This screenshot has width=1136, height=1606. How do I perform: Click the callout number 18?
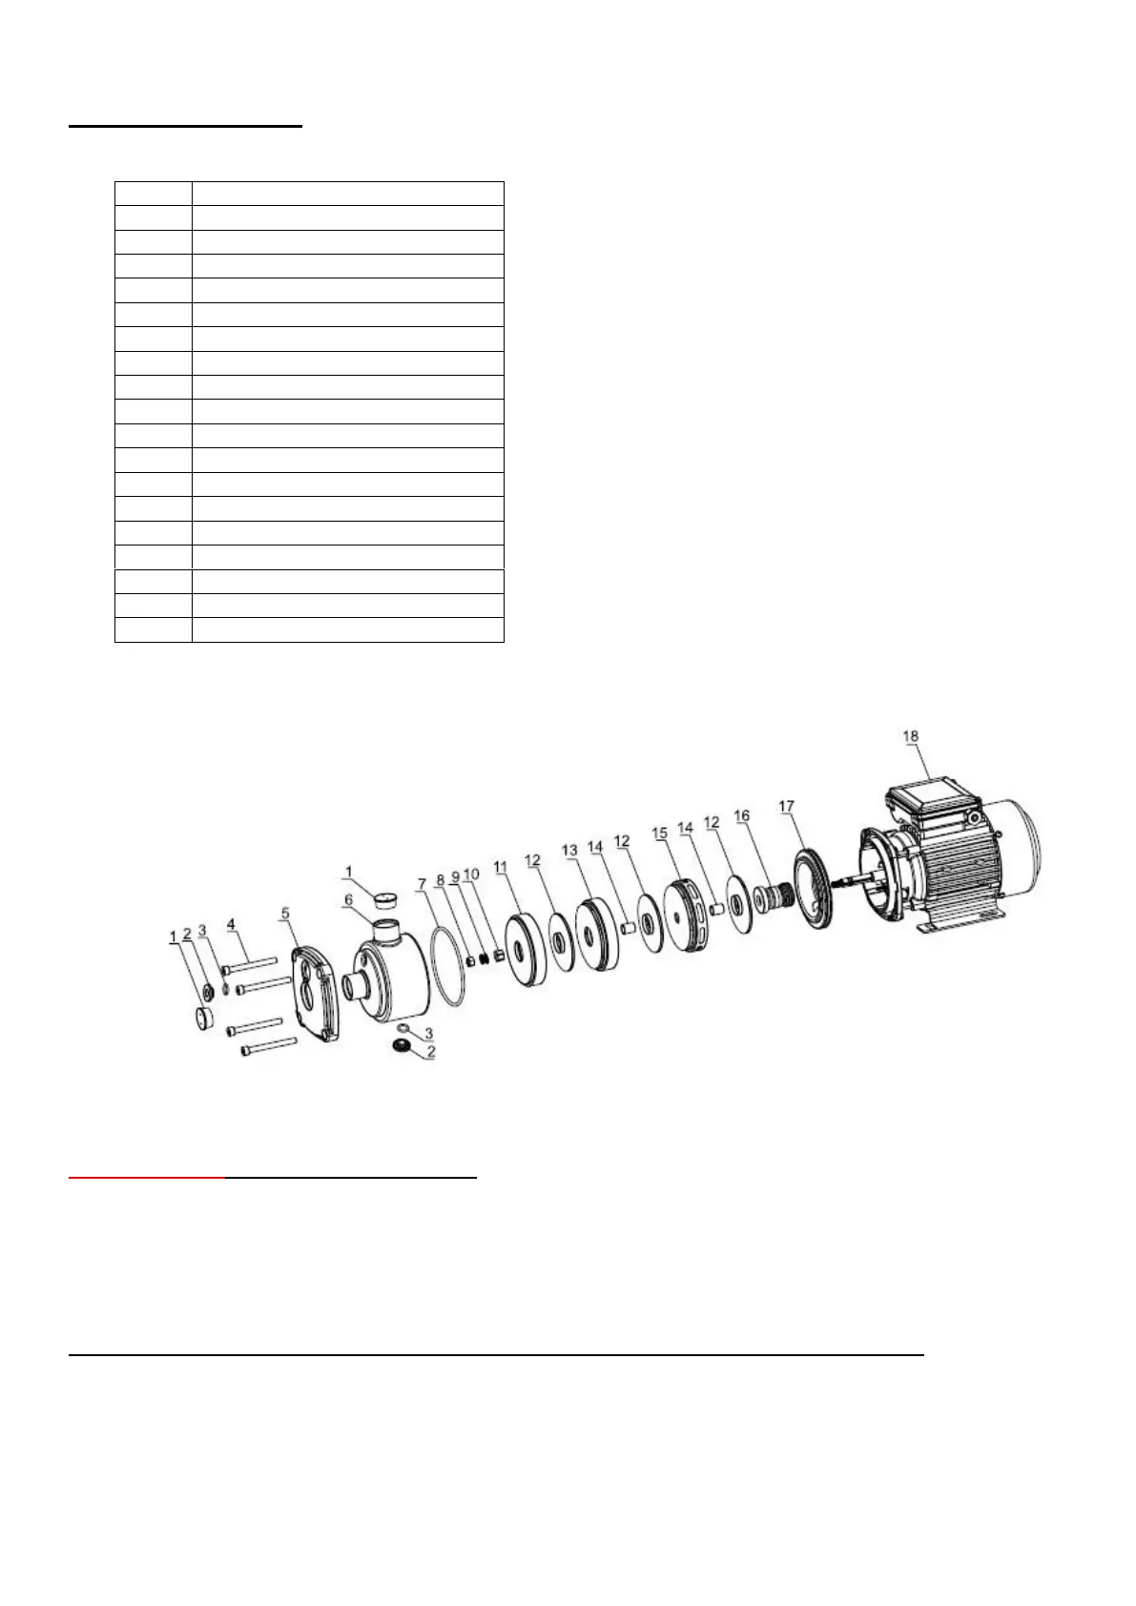pyautogui.click(x=910, y=736)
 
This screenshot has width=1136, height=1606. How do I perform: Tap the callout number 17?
pyautogui.click(x=786, y=807)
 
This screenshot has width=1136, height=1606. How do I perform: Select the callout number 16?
pyautogui.click(x=741, y=816)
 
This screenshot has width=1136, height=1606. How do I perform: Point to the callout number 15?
pyautogui.click(x=660, y=834)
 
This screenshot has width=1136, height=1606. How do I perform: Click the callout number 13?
pyautogui.click(x=569, y=851)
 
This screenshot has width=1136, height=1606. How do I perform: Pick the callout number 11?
pyautogui.click(x=500, y=867)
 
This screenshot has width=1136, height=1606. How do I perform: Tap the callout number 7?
pyautogui.click(x=422, y=885)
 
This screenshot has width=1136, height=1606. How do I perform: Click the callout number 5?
pyautogui.click(x=285, y=914)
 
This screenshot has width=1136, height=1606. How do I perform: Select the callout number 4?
pyautogui.click(x=231, y=924)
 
